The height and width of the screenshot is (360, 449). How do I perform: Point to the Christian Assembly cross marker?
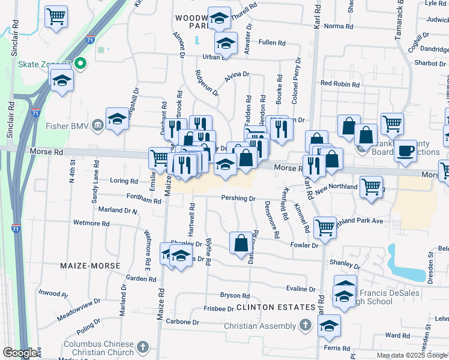point(306,326)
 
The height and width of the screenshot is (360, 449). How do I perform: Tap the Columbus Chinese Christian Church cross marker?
point(142,347)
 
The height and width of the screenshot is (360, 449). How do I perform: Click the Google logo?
point(20,353)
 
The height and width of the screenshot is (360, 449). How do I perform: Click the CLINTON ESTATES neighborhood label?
point(276,307)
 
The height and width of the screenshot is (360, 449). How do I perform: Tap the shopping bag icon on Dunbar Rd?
point(241,243)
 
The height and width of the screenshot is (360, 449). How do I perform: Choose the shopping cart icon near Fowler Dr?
point(325,227)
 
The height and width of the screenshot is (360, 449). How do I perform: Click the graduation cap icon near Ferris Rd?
point(329,326)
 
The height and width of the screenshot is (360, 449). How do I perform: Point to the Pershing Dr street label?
point(238,197)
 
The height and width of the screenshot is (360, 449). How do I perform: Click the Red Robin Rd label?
point(339,84)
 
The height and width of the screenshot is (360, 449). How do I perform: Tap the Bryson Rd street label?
point(235,295)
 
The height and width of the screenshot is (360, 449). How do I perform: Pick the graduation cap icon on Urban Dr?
point(226,43)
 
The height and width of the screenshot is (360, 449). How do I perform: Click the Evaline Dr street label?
point(301,289)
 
